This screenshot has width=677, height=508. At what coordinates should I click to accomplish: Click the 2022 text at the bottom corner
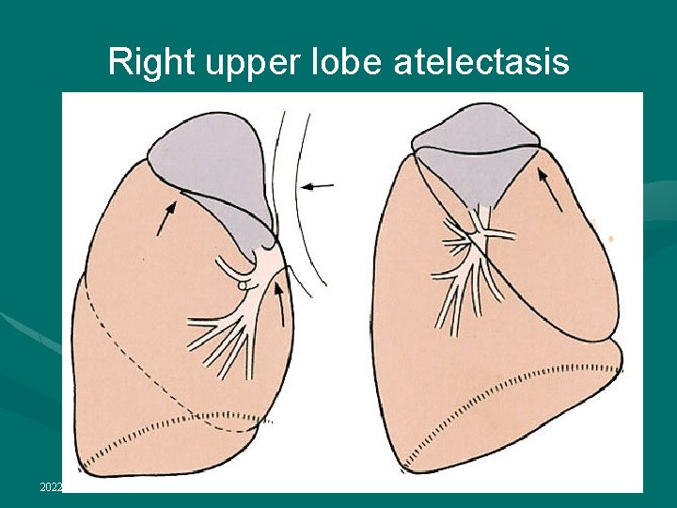point(51,486)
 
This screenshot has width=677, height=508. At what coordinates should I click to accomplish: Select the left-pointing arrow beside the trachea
point(319,186)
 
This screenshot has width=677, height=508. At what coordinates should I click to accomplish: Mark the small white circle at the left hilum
point(242,283)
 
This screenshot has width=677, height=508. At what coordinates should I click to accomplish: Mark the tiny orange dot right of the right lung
point(611,239)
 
